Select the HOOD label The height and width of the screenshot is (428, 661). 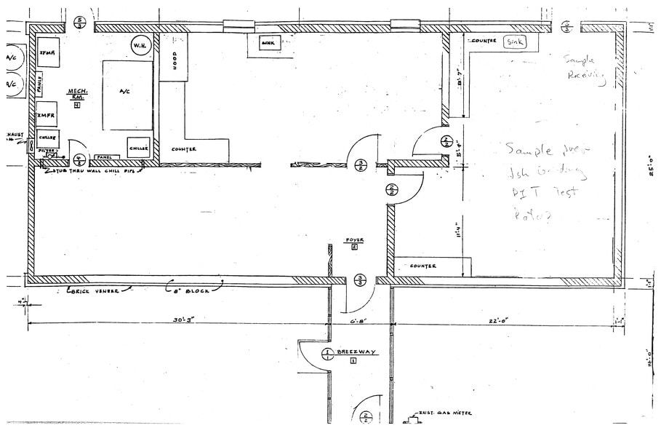click(175, 63)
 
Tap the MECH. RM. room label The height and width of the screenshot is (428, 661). click(78, 92)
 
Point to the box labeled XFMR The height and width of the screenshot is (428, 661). click(48, 52)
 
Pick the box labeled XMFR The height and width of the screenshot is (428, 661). click(47, 114)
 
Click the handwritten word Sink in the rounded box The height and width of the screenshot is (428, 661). click(515, 41)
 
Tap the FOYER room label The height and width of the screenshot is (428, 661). click(354, 239)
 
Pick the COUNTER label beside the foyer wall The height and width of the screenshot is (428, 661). click(422, 266)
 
